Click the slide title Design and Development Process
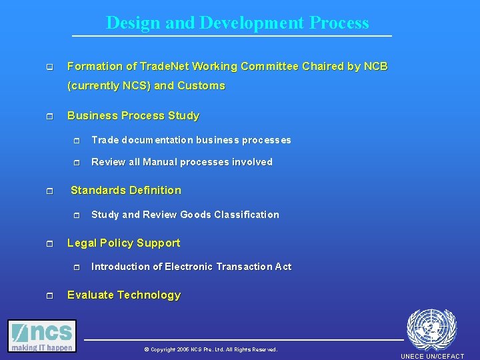coord(237,23)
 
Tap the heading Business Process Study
coord(133,115)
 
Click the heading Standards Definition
coord(126,190)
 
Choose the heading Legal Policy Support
coord(124,243)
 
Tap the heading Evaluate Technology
coord(124,295)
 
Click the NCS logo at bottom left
coord(42,336)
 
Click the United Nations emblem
coord(431,329)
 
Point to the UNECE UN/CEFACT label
coord(432,356)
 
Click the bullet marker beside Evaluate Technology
coord(49,295)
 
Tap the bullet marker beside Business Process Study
coord(49,116)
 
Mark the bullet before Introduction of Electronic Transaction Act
coord(76,267)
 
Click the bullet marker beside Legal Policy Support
coord(49,243)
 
